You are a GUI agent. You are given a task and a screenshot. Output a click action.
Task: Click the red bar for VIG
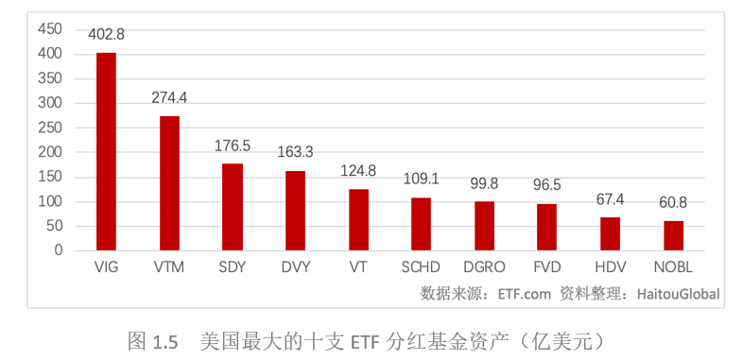(x=106, y=151)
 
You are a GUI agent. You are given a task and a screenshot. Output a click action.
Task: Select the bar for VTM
(x=169, y=183)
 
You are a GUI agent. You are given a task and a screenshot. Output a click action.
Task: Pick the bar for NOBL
(x=673, y=235)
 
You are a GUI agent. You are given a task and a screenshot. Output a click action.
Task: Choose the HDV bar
(x=610, y=233)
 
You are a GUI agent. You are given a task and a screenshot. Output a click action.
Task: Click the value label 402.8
(x=106, y=34)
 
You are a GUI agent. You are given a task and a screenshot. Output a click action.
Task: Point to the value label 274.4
(x=169, y=97)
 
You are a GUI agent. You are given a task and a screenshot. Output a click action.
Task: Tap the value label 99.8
(x=484, y=183)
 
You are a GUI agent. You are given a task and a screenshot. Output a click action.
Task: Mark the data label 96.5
(x=547, y=185)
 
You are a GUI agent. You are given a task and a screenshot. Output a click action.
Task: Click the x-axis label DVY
(x=295, y=267)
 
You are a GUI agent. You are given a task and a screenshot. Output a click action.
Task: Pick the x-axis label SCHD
(x=421, y=267)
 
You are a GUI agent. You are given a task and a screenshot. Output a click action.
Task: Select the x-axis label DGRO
(x=484, y=267)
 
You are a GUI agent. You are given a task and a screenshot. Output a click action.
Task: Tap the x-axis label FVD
(x=547, y=267)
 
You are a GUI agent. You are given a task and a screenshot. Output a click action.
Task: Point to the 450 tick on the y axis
(x=50, y=29)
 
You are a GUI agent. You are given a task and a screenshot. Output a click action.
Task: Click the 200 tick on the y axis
(x=50, y=152)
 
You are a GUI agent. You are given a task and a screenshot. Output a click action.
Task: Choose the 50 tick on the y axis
(x=54, y=226)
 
